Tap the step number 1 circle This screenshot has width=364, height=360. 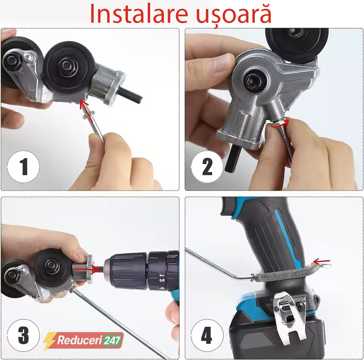pyautogui.click(x=24, y=167)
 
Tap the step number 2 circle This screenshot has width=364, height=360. pyautogui.click(x=207, y=167)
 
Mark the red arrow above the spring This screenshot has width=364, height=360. pyautogui.click(x=321, y=261)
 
